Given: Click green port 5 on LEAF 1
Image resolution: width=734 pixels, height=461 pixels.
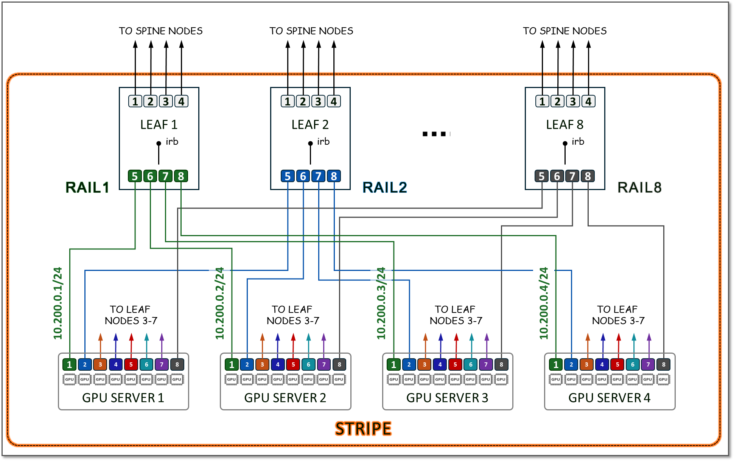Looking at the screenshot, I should tap(135, 176).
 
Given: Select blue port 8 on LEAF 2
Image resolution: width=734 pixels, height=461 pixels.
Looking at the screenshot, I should tap(334, 176).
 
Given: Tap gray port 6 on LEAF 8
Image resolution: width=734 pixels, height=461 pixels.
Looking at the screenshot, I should tap(557, 176).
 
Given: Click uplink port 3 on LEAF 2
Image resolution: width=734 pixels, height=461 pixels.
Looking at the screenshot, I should tap(318, 101).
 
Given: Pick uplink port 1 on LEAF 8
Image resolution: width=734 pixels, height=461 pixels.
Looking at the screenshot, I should tap(542, 101).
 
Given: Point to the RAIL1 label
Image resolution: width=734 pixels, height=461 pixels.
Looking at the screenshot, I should tap(87, 187).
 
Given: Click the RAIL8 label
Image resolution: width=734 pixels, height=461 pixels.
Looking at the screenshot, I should tap(639, 187).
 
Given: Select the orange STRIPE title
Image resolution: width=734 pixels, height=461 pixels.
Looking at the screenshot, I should tap(363, 429).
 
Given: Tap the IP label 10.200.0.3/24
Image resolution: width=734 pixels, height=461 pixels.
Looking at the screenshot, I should tap(381, 303).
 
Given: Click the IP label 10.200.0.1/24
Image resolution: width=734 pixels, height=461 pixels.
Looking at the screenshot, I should tap(58, 303).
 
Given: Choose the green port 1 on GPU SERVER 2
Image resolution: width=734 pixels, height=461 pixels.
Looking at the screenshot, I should tap(232, 365).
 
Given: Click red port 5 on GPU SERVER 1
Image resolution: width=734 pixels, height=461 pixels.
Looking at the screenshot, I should tap(131, 365).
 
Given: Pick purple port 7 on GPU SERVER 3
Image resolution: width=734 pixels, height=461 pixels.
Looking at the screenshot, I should tap(486, 365).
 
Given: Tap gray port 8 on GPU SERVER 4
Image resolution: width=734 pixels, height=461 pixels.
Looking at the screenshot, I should tap(664, 365).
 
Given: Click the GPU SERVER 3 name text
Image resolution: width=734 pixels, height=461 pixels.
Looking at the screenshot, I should tap(447, 398).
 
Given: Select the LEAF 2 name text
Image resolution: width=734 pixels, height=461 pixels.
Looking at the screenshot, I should tap(310, 125).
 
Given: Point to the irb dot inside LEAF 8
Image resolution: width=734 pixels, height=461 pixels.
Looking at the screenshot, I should tap(565, 143).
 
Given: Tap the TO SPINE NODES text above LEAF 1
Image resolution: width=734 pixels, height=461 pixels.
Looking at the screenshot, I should tap(161, 31).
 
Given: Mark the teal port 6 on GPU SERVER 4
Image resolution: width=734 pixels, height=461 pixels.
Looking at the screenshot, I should tap(633, 365).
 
